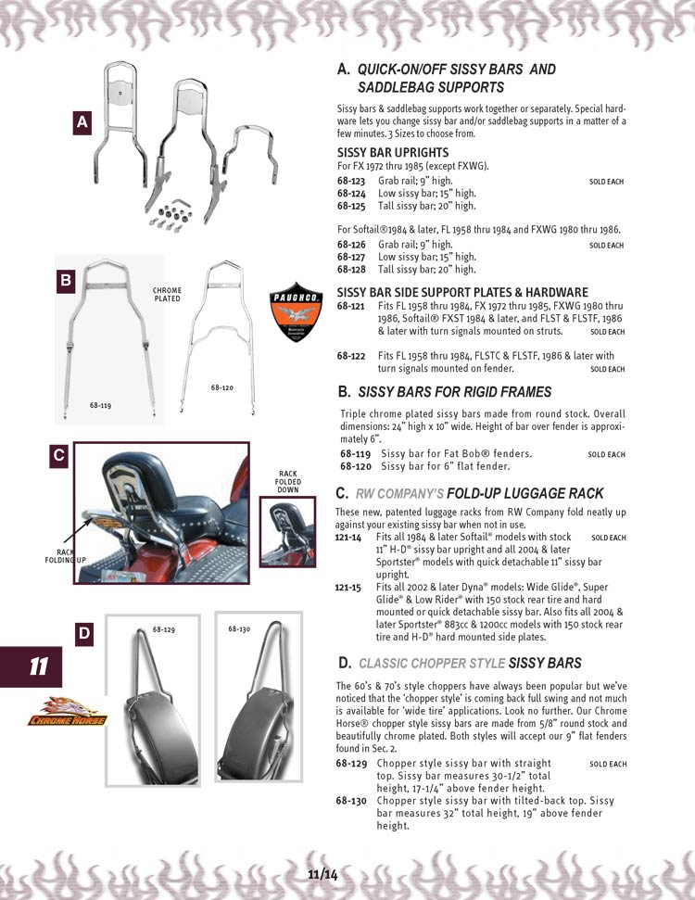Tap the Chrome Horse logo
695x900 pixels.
pyautogui.click(x=68, y=711)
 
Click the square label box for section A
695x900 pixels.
pyautogui.click(x=82, y=121)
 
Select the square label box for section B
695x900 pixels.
pyautogui.click(x=66, y=279)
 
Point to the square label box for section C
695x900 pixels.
pyautogui.click(x=58, y=455)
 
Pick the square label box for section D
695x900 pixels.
pyautogui.click(x=83, y=634)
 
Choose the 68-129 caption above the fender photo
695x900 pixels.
pyautogui.click(x=163, y=629)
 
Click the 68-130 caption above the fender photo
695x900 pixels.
pyautogui.click(x=239, y=629)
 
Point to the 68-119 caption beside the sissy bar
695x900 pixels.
pyautogui.click(x=101, y=405)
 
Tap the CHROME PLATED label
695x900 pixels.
pyautogui.click(x=167, y=295)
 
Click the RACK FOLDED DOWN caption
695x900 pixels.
pyautogui.click(x=287, y=481)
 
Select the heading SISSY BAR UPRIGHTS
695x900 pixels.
pyautogui.click(x=393, y=152)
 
